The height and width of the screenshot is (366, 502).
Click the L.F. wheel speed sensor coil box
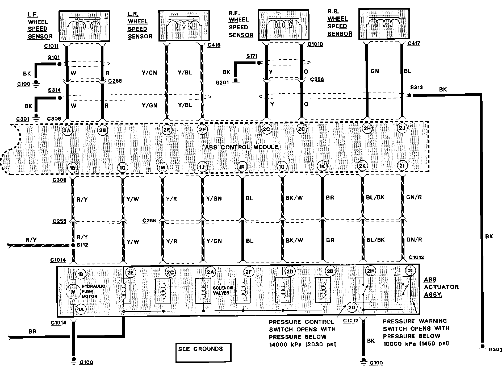point(84,26)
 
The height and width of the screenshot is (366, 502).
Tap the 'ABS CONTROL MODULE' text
point(241,147)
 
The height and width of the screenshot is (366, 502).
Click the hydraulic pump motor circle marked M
point(73,292)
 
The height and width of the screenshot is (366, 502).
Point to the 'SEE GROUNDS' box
point(203,352)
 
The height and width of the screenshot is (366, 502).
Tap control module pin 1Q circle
point(123,168)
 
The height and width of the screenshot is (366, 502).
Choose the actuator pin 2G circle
point(352,308)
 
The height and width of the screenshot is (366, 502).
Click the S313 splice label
point(416,88)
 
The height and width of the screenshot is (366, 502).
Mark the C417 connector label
point(413,43)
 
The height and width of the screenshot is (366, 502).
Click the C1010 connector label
point(315,44)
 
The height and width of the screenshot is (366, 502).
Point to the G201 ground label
point(222,83)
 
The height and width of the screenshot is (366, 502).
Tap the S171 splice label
point(252,56)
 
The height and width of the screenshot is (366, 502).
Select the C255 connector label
point(59,221)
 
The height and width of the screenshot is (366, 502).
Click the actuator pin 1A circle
point(81,309)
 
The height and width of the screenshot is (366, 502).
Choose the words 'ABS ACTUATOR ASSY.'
point(441,287)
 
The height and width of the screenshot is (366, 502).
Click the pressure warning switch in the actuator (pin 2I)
point(403,289)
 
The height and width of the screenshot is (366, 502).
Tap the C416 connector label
point(214,45)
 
